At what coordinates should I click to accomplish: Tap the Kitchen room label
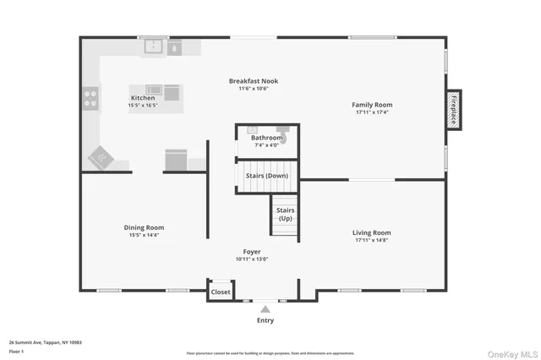[x=143, y=98]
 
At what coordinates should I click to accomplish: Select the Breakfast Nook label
[x=253, y=81]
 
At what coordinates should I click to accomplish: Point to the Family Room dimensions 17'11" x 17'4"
[x=372, y=112]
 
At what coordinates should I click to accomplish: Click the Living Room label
[x=371, y=232]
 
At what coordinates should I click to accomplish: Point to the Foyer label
[x=252, y=251]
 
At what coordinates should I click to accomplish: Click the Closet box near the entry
[x=221, y=292]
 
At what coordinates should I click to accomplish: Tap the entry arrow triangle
[x=265, y=310]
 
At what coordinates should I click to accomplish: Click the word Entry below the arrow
[x=265, y=320]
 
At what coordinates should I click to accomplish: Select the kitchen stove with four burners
[x=90, y=100]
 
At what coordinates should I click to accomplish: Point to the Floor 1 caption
[x=15, y=350]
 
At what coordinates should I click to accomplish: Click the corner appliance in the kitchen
[x=101, y=157]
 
